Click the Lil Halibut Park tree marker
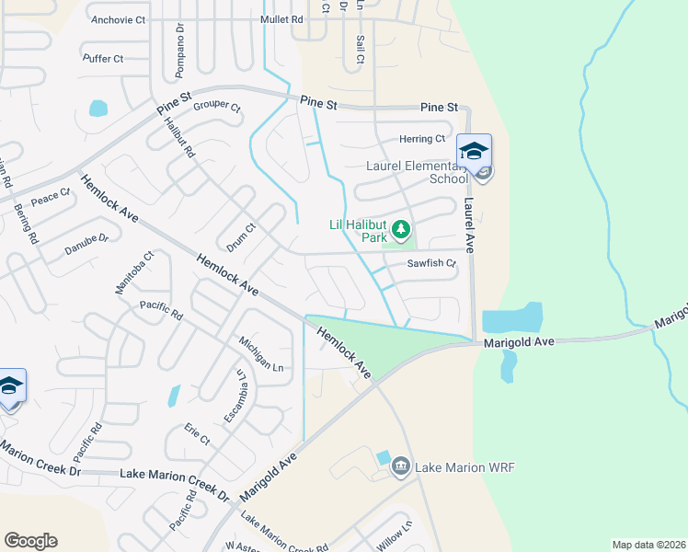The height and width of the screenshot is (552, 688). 401,229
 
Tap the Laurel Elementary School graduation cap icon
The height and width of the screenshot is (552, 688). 474,151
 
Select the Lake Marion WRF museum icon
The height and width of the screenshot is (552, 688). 400,467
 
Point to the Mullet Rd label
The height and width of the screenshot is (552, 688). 281,18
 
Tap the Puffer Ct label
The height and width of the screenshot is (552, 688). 103,59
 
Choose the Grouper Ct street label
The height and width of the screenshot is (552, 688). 216,107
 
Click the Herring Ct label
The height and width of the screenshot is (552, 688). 422,139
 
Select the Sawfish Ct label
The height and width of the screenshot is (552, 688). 432,264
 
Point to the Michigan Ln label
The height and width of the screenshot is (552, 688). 259,353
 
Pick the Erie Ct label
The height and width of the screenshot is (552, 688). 198,434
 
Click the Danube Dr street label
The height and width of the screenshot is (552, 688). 86,245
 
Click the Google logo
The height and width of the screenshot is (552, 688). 30,541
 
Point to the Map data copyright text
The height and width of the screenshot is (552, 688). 648,545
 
